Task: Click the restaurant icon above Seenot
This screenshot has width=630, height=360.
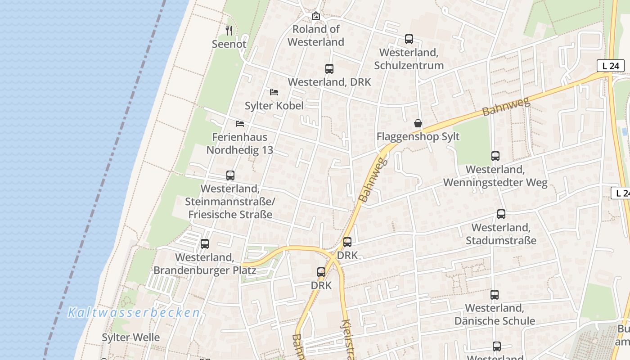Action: [229, 31]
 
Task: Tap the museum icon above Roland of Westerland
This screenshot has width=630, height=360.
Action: [316, 16]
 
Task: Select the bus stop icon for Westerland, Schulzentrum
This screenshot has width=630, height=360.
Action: [409, 39]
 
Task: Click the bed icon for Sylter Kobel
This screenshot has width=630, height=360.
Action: [274, 92]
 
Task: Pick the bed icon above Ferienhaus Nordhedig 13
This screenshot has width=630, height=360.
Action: [239, 123]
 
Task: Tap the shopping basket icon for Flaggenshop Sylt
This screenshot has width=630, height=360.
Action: [418, 123]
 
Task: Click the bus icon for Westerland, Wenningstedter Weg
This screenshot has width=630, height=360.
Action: [495, 156]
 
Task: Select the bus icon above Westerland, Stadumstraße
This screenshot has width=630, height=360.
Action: [501, 214]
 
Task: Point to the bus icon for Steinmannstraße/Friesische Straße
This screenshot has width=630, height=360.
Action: [230, 175]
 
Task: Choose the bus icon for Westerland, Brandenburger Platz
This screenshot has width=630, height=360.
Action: [205, 244]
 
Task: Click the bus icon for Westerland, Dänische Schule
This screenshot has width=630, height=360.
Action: [495, 295]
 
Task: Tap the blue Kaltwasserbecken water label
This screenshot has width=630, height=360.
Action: [134, 313]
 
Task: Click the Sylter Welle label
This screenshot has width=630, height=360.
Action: [130, 337]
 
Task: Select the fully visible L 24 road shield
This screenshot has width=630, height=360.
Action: [610, 66]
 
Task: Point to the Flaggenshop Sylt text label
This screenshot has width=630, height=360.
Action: [418, 136]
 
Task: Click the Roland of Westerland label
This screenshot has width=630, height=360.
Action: [316, 36]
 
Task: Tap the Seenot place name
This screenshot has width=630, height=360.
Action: [229, 44]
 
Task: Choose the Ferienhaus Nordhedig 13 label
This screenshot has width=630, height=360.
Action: [240, 144]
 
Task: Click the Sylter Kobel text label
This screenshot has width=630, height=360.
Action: [274, 106]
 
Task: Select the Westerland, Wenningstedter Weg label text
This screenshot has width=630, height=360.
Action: [495, 176]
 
